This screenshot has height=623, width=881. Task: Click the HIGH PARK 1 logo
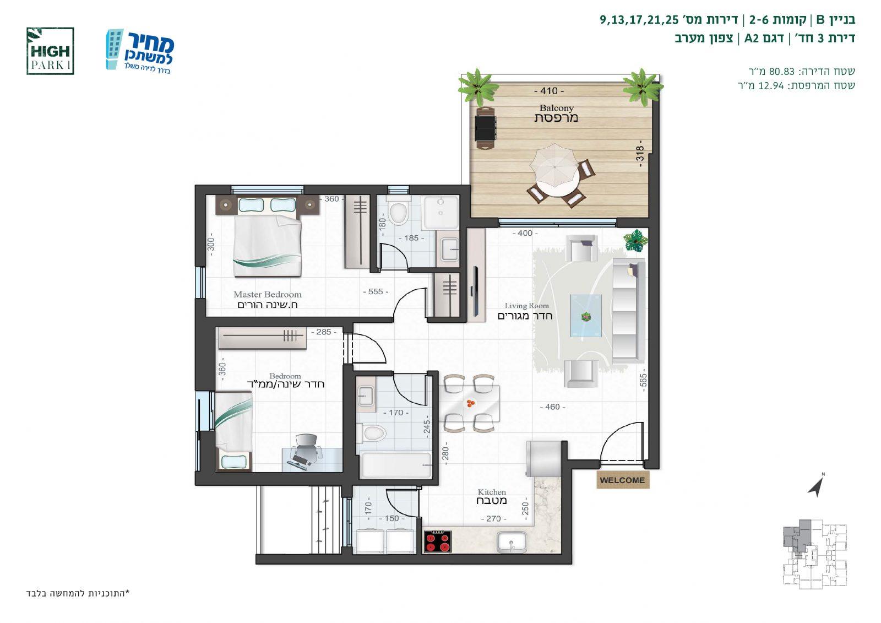[50, 51]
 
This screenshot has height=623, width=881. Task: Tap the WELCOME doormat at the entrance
[623, 480]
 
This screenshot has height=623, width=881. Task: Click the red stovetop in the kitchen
[438, 541]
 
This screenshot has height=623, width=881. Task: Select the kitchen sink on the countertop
[512, 542]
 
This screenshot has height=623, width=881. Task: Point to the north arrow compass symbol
[817, 485]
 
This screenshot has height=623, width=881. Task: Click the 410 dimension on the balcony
[549, 91]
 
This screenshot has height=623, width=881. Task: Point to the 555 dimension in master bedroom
[376, 291]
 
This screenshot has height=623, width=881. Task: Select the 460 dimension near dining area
[552, 407]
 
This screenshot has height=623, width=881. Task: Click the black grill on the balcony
[485, 127]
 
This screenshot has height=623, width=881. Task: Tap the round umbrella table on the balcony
[554, 170]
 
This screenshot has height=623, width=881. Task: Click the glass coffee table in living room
[586, 316]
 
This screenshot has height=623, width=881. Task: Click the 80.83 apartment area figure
[782, 71]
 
